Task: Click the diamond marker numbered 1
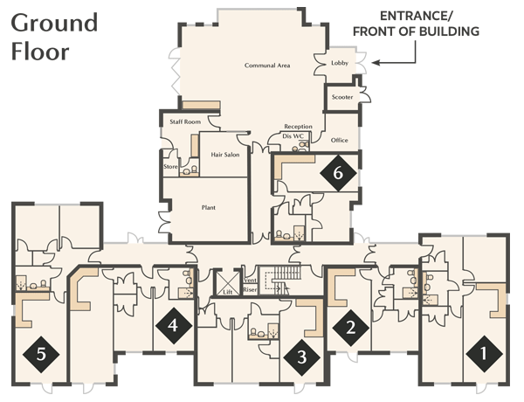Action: point(484,354)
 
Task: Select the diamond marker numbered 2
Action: point(350,328)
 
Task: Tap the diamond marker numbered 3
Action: point(302,357)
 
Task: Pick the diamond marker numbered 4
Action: point(174,325)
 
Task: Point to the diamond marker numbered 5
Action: point(41,354)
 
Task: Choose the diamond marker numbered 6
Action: point(338,173)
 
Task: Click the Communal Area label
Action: point(267,66)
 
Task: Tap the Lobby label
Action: point(340,63)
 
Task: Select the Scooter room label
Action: point(342,97)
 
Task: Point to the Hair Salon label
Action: point(225,155)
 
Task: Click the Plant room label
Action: point(209,208)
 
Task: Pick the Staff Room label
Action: point(185,122)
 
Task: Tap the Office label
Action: point(339,141)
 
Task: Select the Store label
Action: point(170,167)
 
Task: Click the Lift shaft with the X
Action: point(228,283)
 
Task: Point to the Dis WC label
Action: point(293,136)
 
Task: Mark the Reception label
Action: point(298,127)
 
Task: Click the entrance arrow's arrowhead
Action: point(376,63)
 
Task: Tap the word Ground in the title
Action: point(54,23)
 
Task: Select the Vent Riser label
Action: point(250,285)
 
